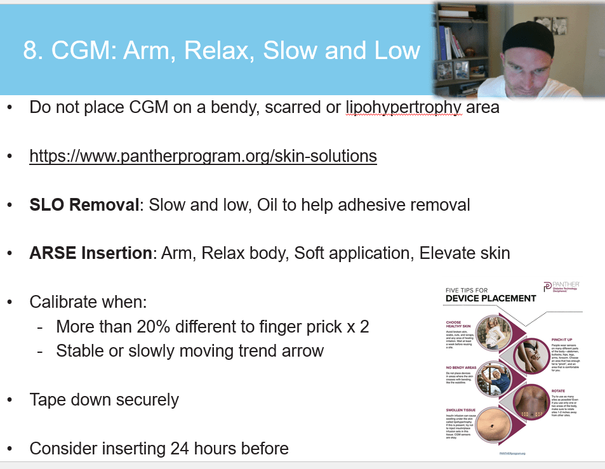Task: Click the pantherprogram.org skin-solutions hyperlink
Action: [203, 156]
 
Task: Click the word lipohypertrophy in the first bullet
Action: [403, 107]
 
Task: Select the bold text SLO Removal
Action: [84, 205]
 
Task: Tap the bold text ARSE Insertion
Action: [90, 254]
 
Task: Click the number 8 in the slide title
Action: [30, 51]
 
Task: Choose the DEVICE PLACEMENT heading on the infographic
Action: [491, 298]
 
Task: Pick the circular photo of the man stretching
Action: [493, 378]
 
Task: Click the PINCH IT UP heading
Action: [547, 341]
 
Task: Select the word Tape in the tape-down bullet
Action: [48, 400]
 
